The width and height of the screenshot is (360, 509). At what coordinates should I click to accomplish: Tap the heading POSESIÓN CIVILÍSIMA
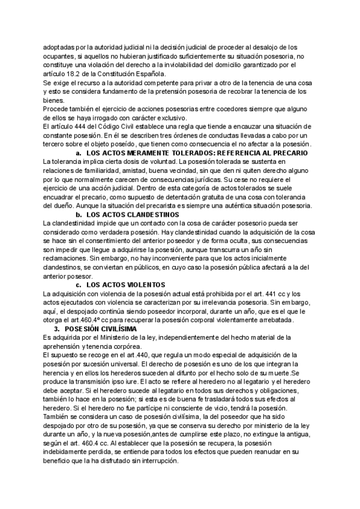pos(102,329)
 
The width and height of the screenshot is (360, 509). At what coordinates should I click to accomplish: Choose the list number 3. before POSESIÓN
pos(57,329)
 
